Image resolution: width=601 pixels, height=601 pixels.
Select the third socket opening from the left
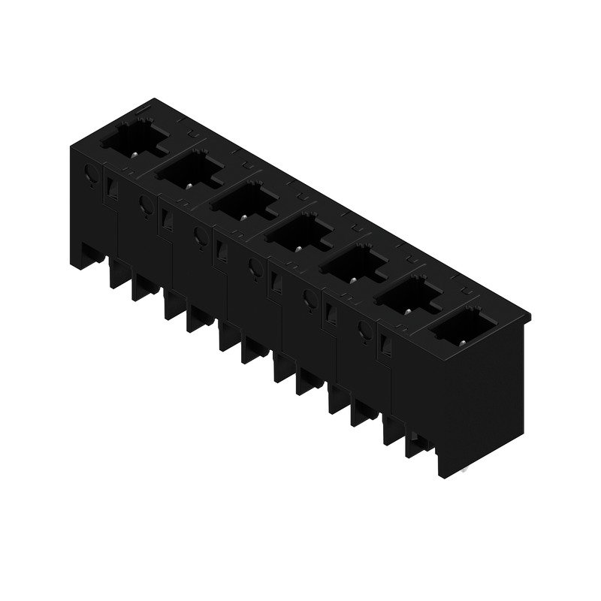[243, 201]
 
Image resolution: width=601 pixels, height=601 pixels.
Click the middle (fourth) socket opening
[297, 232]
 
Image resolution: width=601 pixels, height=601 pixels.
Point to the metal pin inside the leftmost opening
[134, 154]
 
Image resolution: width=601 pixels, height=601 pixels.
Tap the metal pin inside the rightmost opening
[463, 343]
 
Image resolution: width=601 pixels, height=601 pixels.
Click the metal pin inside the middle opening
[298, 248]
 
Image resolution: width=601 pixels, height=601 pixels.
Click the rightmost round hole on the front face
[364, 328]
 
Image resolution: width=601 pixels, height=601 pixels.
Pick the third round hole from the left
[199, 235]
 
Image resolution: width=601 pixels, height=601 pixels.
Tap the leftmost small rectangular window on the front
[113, 186]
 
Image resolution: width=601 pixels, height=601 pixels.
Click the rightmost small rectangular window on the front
[386, 343]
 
